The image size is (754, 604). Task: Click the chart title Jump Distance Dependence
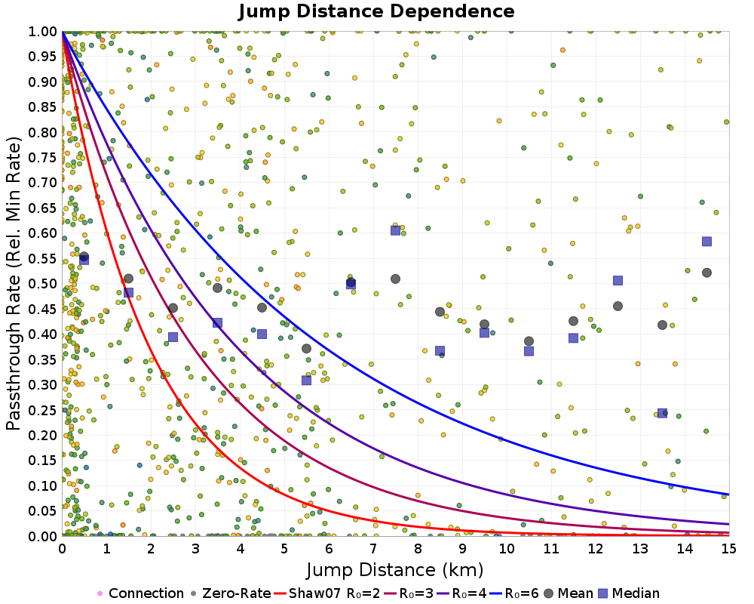376,12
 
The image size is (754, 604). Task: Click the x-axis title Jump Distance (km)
395,569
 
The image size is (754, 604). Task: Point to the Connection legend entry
140,593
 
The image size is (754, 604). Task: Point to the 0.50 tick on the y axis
43,283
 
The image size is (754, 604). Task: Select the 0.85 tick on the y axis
43,106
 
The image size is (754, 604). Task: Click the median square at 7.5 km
395,230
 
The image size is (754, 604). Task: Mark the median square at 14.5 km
706,242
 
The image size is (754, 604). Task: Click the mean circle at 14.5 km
706,273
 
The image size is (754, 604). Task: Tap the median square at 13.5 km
662,413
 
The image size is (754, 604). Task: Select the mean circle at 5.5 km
306,348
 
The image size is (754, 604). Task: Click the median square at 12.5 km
618,280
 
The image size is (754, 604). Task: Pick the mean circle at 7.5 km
395,279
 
